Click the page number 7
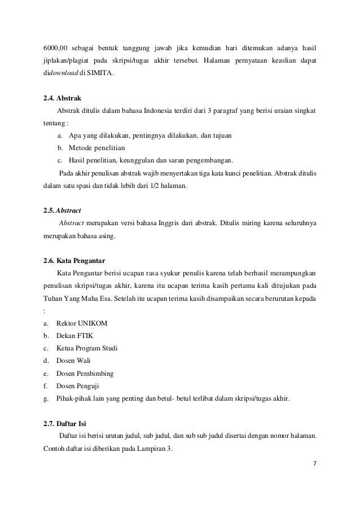315,464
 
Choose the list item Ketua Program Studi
88,348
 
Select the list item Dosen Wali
74,360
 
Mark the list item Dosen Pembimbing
85,373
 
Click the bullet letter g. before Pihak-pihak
45,399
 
